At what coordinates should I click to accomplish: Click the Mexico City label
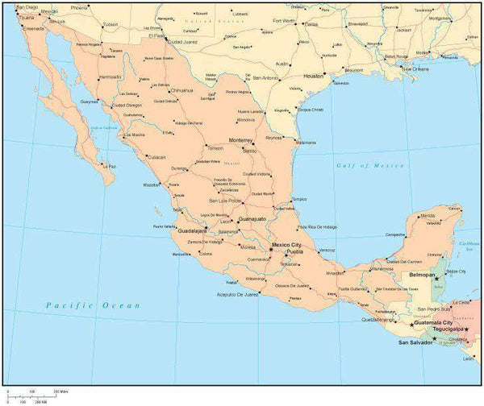pos(286,244)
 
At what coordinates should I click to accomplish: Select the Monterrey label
pos(241,140)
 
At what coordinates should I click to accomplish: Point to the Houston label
pos(313,76)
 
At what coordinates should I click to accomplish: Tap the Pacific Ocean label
pos(93,305)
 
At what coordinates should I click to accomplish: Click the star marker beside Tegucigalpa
pos(466,329)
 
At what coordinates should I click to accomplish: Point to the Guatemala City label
pos(432,322)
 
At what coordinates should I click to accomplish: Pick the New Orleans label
pos(419,69)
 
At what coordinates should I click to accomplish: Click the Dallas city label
pos(311,24)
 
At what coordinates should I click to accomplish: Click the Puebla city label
pos(294,252)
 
